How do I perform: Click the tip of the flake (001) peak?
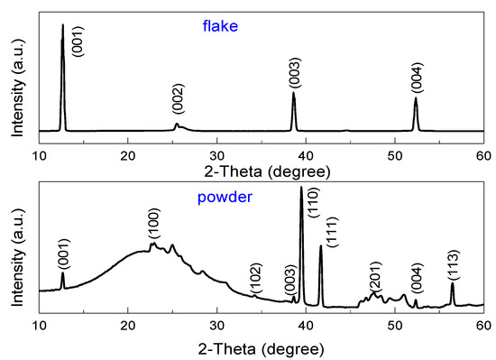62,25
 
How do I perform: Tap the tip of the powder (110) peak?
301,187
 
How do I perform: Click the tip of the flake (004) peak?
416,98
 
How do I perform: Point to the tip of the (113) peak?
453,283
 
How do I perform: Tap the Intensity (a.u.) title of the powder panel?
18,247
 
